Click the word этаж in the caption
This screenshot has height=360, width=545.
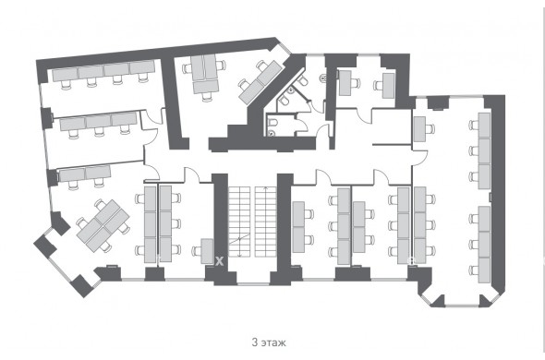pyautogui.click(x=273, y=342)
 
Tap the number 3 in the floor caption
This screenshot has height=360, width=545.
pyautogui.click(x=255, y=342)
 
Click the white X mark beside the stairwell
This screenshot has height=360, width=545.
pyautogui.click(x=219, y=261)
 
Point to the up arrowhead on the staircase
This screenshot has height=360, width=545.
pyautogui.click(x=266, y=188)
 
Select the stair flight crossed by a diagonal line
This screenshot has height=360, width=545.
pyautogui.click(x=239, y=222)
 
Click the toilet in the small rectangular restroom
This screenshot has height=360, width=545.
pyautogui.click(x=272, y=122)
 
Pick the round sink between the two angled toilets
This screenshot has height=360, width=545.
pyautogui.click(x=291, y=90)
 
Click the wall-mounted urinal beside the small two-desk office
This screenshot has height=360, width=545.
pyautogui.click(x=323, y=78)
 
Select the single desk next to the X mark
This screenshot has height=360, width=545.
pyautogui.click(x=207, y=251)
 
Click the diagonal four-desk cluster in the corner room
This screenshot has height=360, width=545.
pyautogui.click(x=103, y=225)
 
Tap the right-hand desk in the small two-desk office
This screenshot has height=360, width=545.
pyautogui.click(x=388, y=85)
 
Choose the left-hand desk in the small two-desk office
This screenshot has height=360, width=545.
pyautogui.click(x=345, y=83)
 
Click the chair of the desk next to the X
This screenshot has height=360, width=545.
pyautogui.click(x=197, y=251)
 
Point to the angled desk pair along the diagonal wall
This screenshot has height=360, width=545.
pyautogui.click(x=260, y=82)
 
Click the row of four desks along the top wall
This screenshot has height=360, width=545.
pyautogui.click(x=103, y=71)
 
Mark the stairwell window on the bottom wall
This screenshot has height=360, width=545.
pyautogui.click(x=253, y=284)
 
